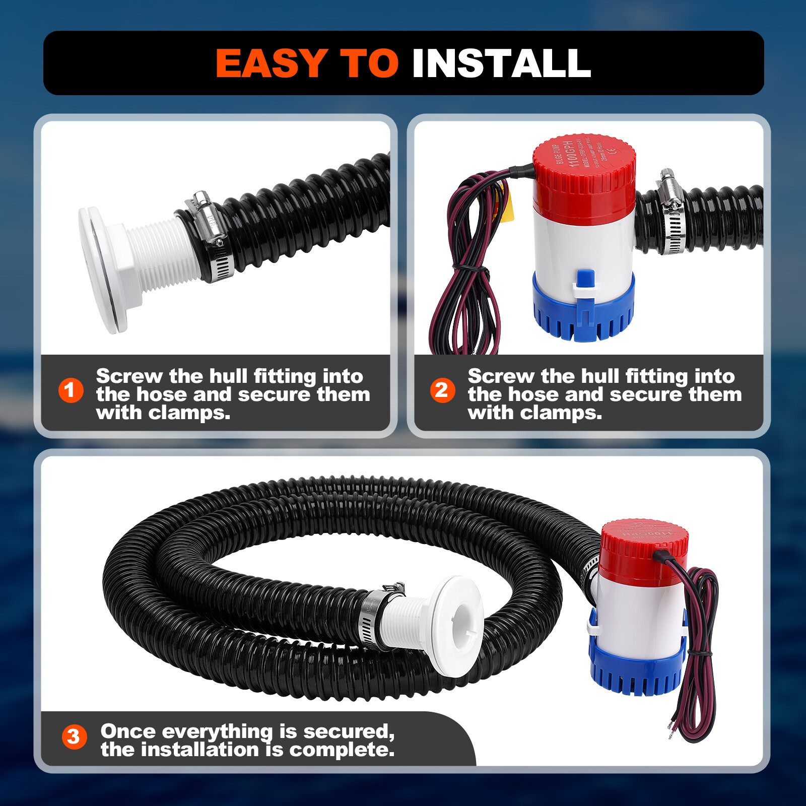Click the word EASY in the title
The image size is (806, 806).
coord(272,63)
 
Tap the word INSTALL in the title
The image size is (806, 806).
coord(501,63)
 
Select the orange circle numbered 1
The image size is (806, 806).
coord(71,390)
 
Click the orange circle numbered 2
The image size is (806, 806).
coord(442,390)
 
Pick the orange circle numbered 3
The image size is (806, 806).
coord(74,736)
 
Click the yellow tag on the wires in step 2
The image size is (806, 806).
coord(509,207)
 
